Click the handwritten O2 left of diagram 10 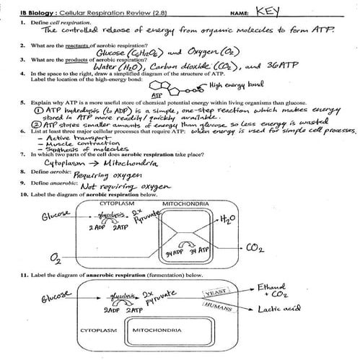(x=55, y=257)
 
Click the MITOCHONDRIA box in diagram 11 (x=166, y=333)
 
